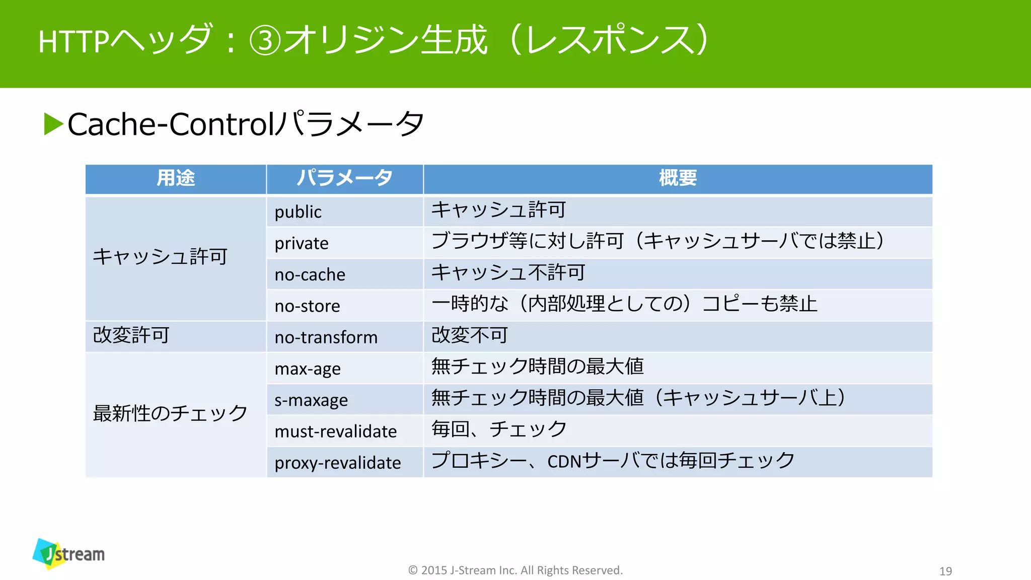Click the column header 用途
coord(175,178)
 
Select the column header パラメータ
coord(344,178)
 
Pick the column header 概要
coord(678,178)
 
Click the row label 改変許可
coord(131,335)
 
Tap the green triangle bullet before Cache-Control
coord(53,124)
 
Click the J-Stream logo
coord(69,554)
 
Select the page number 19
coord(945,571)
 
